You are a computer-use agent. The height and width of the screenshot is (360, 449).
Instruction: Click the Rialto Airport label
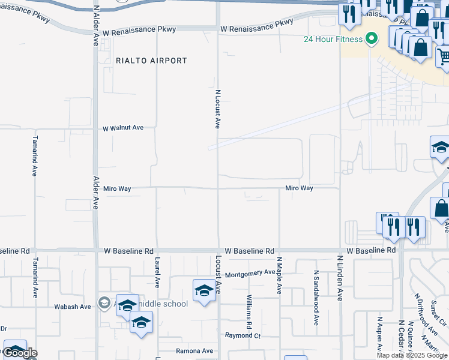pyautogui.click(x=151, y=61)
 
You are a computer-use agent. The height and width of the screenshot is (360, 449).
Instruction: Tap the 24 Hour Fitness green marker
pyautogui.click(x=372, y=40)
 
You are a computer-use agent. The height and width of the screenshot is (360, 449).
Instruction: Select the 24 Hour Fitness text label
pyautogui.click(x=333, y=40)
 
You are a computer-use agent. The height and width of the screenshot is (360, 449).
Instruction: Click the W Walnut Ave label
pyautogui.click(x=123, y=128)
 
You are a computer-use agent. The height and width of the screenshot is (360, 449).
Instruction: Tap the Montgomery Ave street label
pyautogui.click(x=250, y=274)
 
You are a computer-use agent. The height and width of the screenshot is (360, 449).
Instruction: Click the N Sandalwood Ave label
pyautogui.click(x=316, y=298)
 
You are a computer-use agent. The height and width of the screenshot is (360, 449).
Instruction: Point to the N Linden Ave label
pyautogui.click(x=340, y=278)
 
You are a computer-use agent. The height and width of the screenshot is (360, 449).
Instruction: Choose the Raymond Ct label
pyautogui.click(x=243, y=336)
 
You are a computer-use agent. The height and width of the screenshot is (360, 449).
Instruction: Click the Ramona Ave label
pyautogui.click(x=194, y=351)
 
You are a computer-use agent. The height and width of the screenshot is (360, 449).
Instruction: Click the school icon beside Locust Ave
pyautogui.click(x=204, y=292)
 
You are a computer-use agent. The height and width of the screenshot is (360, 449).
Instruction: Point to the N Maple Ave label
pyautogui.click(x=279, y=276)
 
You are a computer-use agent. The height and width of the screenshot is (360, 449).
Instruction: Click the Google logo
pyautogui.click(x=21, y=353)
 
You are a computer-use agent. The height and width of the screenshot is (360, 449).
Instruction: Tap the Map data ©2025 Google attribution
pyautogui.click(x=411, y=355)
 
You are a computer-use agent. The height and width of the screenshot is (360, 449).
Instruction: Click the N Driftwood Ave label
pyautogui.click(x=427, y=314)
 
